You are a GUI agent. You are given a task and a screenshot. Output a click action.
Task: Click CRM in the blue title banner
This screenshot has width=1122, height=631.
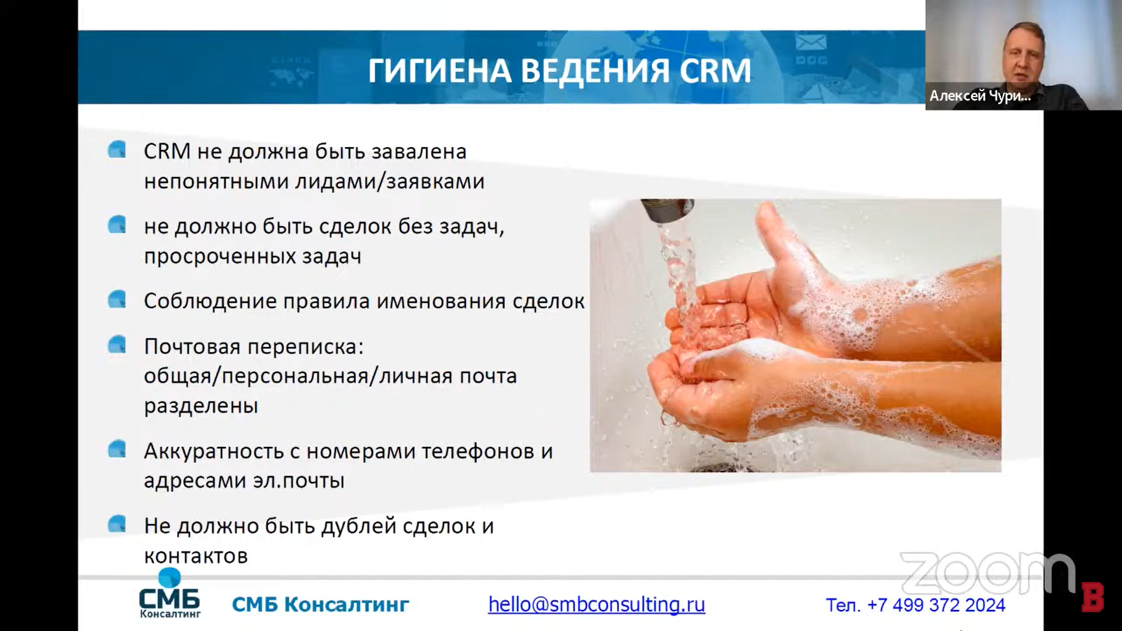pyautogui.click(x=715, y=71)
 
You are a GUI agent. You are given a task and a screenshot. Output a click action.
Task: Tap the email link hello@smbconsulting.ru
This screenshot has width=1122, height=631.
pyautogui.click(x=597, y=604)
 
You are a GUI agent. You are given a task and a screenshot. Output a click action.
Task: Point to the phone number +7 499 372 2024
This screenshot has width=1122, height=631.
pyautogui.click(x=936, y=605)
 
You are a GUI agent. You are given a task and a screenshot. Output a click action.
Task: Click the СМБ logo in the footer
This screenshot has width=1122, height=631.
pyautogui.click(x=169, y=594)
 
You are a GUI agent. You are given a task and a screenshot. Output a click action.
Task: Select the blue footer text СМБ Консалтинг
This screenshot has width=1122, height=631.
pyautogui.click(x=320, y=605)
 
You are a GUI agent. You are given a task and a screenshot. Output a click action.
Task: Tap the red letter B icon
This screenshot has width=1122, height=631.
pyautogui.click(x=1092, y=597)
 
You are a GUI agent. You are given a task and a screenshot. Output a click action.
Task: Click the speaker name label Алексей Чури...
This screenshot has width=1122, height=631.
pyautogui.click(x=980, y=96)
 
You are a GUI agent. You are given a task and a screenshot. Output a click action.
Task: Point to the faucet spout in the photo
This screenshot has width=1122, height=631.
pyautogui.click(x=667, y=211)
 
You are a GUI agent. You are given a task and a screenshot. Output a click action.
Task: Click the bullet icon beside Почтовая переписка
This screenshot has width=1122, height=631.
pyautogui.click(x=117, y=345)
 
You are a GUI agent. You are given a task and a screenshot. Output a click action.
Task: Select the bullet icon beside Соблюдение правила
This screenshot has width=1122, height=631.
pyautogui.click(x=117, y=299)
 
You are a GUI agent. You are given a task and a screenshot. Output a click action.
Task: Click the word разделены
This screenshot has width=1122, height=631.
pyautogui.click(x=201, y=406)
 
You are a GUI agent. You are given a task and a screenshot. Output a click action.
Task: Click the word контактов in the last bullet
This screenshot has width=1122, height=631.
pyautogui.click(x=196, y=556)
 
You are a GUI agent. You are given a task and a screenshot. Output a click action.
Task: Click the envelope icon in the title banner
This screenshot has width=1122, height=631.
pyautogui.click(x=811, y=42)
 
